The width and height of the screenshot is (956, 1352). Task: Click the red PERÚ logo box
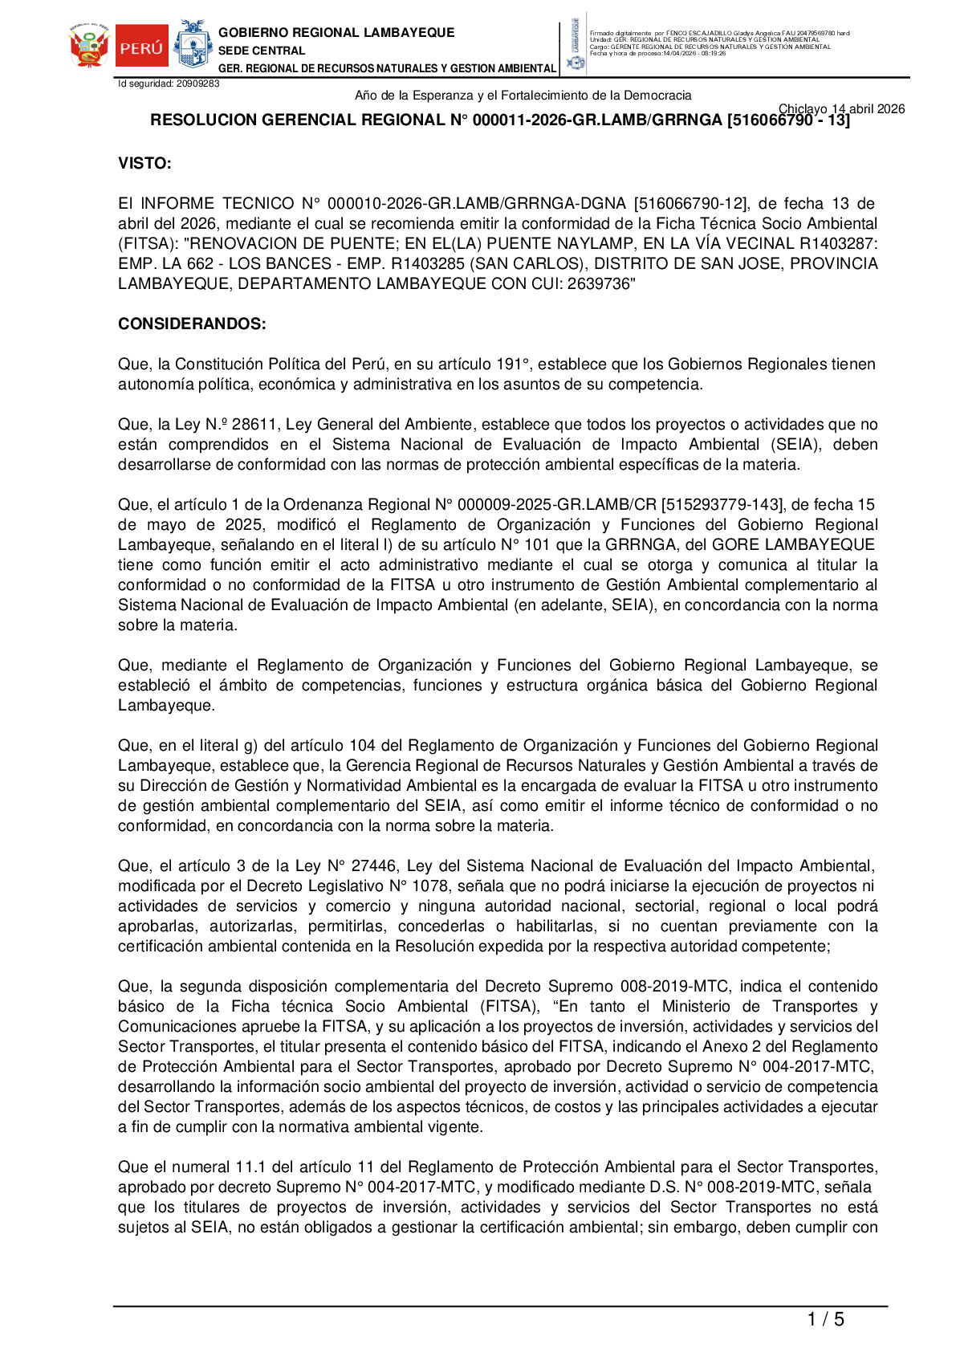(x=142, y=47)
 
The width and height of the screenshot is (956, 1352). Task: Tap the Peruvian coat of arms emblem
(x=89, y=46)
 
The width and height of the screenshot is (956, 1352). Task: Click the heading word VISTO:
(x=144, y=164)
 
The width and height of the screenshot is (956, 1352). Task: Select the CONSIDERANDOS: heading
(x=192, y=324)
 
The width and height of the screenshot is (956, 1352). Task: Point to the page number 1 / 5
(x=825, y=1319)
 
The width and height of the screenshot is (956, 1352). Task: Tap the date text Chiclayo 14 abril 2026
(x=841, y=109)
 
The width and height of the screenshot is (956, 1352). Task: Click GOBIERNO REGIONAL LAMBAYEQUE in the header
(x=336, y=33)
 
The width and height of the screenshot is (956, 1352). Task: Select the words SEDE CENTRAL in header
(x=262, y=51)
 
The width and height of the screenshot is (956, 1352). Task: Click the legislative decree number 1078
(x=433, y=886)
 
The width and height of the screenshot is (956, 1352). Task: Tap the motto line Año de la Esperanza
(x=523, y=96)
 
